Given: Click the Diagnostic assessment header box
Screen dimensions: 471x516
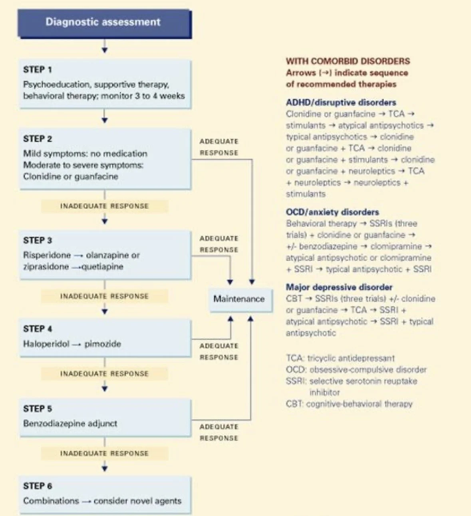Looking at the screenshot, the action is pyautogui.click(x=105, y=24).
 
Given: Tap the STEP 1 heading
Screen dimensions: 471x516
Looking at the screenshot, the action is pyautogui.click(x=38, y=70).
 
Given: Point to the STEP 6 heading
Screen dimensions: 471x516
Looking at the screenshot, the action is pyautogui.click(x=38, y=486).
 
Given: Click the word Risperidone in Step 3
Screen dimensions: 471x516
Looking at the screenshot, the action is pyautogui.click(x=47, y=255).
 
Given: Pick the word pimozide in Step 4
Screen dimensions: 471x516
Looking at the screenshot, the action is pyautogui.click(x=103, y=344).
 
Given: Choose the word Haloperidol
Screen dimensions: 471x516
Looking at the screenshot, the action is pyautogui.click(x=46, y=344).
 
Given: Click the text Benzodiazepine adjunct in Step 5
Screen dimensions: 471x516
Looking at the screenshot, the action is pyautogui.click(x=70, y=423).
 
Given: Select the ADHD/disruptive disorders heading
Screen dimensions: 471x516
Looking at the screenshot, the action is pyautogui.click(x=341, y=102).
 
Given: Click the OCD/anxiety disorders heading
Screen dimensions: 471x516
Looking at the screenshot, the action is pyautogui.click(x=332, y=212).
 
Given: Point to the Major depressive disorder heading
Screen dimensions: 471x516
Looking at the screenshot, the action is pyautogui.click(x=339, y=287).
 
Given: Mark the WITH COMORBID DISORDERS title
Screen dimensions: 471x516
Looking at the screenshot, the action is pyautogui.click(x=348, y=61).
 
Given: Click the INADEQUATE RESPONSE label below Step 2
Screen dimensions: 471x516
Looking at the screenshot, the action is pyautogui.click(x=104, y=206).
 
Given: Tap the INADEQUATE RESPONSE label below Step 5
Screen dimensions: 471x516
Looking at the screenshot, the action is pyautogui.click(x=104, y=453).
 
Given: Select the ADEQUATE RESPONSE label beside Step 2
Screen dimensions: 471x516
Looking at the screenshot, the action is pyautogui.click(x=219, y=147).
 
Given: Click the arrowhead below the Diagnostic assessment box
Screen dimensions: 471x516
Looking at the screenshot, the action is pyautogui.click(x=104, y=50).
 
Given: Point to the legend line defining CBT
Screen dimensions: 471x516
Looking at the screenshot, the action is pyautogui.click(x=349, y=404).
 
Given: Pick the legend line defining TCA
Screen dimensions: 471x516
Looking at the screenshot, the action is pyautogui.click(x=340, y=358).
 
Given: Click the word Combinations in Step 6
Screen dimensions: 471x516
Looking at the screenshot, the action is pyautogui.click(x=51, y=501).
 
